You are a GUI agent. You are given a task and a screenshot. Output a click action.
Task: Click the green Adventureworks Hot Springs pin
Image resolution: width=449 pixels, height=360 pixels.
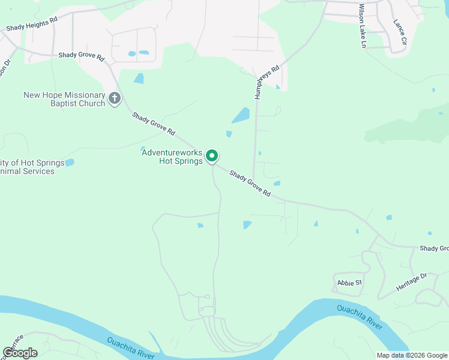point(212,155)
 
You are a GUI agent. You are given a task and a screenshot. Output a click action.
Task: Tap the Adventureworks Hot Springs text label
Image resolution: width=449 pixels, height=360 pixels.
point(172,157)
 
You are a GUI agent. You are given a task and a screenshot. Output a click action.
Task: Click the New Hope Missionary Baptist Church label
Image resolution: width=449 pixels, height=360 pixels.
point(64,99)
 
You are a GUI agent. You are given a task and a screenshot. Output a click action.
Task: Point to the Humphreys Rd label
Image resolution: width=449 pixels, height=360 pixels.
point(259,82)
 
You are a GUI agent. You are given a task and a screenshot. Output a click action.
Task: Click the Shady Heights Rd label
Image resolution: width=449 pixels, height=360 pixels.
point(32,23)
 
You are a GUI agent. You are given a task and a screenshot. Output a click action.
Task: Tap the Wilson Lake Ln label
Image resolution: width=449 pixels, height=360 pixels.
point(362,26)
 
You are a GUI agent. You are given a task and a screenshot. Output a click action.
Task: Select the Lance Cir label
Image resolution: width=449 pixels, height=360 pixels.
point(400,32)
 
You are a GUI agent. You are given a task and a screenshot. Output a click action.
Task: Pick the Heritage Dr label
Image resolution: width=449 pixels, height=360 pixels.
point(411,282)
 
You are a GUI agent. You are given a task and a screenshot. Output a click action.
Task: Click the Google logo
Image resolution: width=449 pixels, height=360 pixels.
point(20,353)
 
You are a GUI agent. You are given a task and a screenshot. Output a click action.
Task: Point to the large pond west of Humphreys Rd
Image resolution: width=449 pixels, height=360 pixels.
point(241,115)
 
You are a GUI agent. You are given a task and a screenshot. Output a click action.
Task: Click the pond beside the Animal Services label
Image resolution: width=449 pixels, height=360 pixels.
point(70,163)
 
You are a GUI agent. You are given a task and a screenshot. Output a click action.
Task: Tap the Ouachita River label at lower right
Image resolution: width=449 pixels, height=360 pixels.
point(360,317)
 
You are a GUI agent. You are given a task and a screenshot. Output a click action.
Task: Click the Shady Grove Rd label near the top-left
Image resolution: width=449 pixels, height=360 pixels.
point(82,56)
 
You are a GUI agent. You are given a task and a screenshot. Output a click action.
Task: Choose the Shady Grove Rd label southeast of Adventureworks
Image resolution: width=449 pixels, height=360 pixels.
point(250,184)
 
